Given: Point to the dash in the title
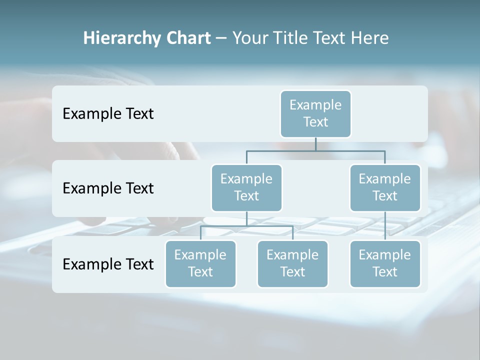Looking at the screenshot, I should (221, 38).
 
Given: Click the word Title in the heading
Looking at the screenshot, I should (290, 38).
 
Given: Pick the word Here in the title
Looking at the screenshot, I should (369, 38).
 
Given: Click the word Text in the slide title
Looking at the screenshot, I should (329, 38).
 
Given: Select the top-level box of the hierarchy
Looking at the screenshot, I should (315, 113).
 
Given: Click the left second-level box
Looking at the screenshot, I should (246, 187).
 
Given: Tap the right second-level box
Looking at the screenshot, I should (385, 187).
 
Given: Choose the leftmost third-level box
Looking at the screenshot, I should (200, 263).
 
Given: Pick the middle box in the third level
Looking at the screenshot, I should (292, 263).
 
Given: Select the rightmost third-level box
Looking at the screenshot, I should (385, 263).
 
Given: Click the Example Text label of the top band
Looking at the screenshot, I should (108, 114).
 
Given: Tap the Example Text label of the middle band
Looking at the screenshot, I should (108, 188).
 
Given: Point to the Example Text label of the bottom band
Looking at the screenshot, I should (108, 264).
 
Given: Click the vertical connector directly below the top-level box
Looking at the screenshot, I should (315, 144).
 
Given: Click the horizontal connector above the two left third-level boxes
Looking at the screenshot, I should (246, 226).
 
